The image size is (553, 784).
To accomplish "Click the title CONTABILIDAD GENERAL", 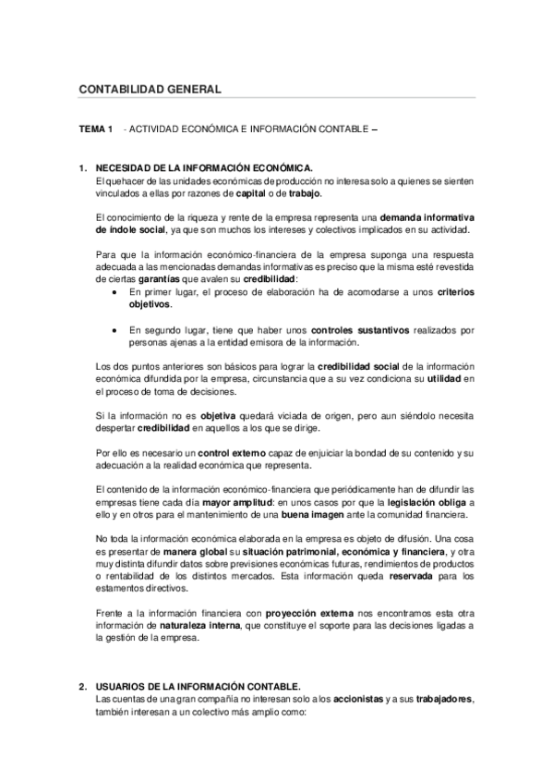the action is pos(150,89).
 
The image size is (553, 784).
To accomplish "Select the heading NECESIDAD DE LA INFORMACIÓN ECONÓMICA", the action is pos(204,168).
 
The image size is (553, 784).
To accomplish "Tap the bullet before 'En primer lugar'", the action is pos(113,291).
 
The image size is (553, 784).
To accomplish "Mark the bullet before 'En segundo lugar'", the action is pos(113,330).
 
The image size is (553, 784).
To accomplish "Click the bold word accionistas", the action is pos(359,699).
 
